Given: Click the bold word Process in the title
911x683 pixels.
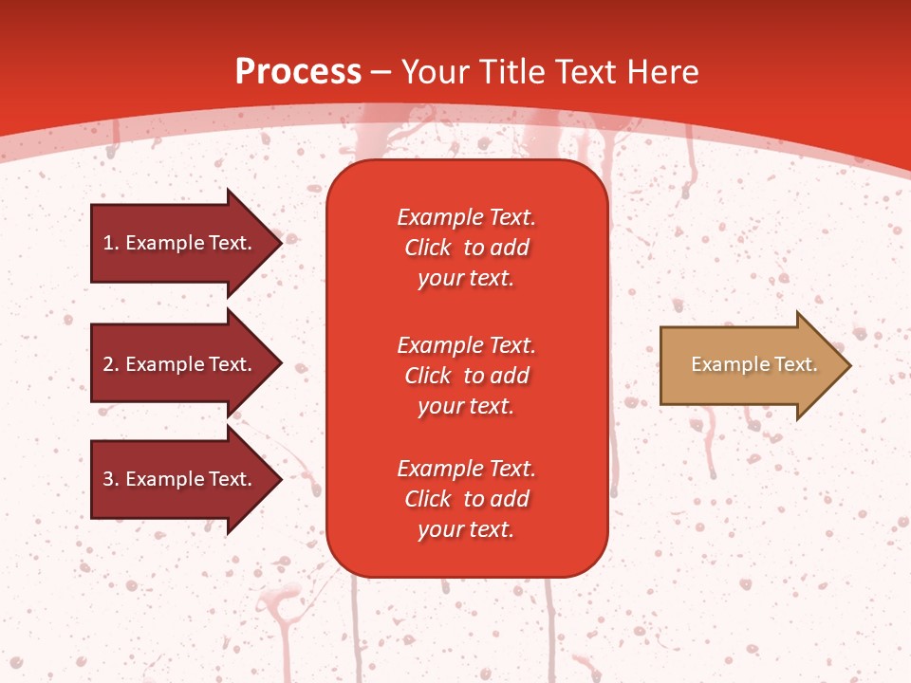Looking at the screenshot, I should (x=298, y=71).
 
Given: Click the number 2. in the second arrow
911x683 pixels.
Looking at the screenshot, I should (x=110, y=364).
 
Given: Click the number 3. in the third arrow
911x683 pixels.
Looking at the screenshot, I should (x=110, y=479).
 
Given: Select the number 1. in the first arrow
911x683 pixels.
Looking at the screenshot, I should (x=110, y=243).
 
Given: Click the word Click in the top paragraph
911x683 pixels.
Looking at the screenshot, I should (x=428, y=248).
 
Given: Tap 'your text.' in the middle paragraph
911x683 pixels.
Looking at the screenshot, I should (x=466, y=406).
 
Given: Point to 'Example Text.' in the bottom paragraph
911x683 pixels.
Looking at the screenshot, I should (x=466, y=469).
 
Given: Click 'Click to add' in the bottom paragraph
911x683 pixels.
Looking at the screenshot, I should (x=466, y=499).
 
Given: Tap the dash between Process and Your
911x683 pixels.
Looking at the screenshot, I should (x=381, y=73).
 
